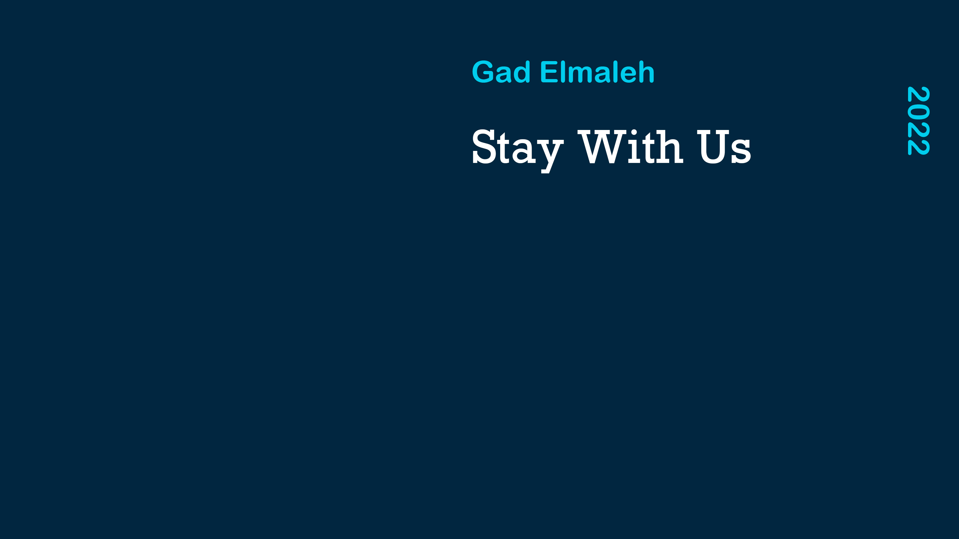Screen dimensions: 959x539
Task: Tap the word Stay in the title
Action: point(518,150)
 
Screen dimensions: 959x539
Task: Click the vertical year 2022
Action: point(919,120)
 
